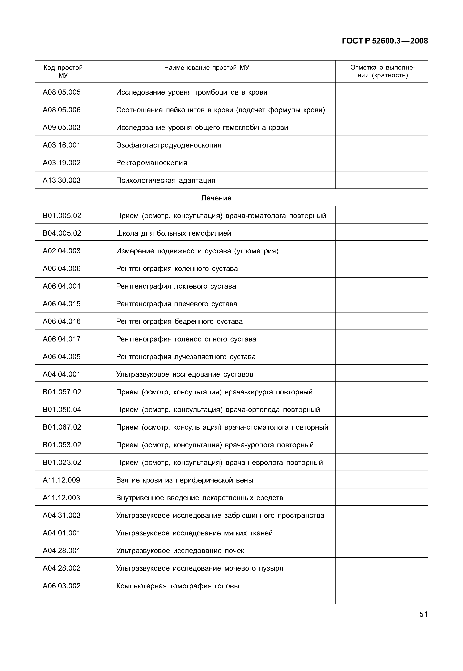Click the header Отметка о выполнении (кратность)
[382, 71]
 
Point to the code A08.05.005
[62, 92]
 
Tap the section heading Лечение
[217, 198]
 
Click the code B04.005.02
[62, 233]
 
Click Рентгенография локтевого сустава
[176, 286]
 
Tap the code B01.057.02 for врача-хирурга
[62, 392]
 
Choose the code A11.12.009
[62, 480]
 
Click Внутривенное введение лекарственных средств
[200, 498]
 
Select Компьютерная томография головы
[178, 586]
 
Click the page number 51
[423, 614]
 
